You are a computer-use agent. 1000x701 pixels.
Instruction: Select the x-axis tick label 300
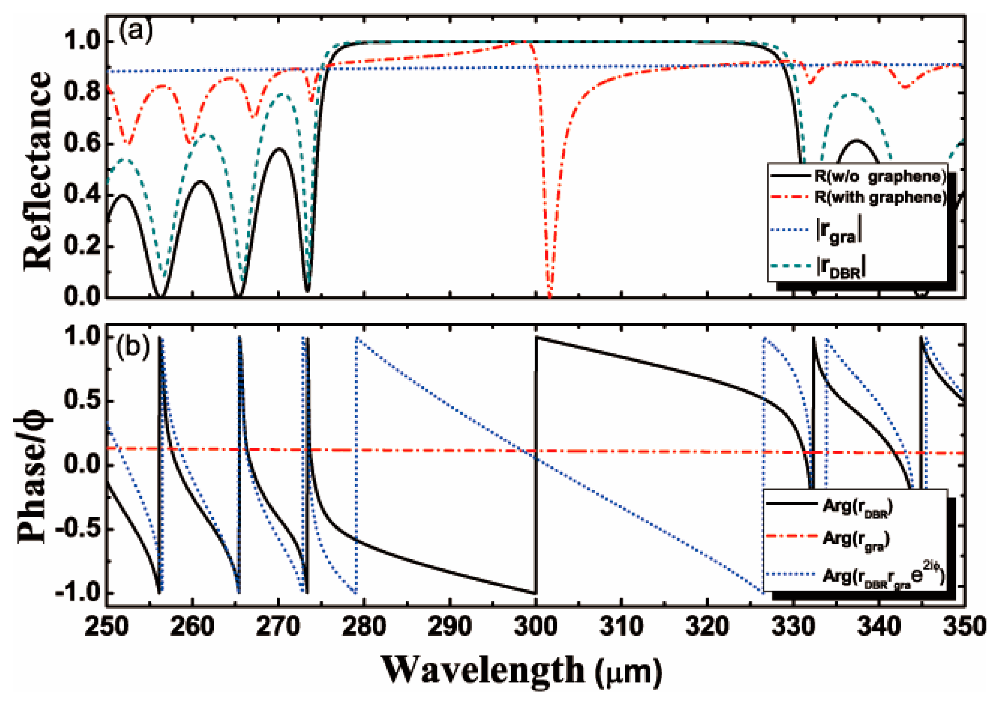tap(536, 627)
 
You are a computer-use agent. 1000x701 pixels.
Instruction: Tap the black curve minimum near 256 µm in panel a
tap(160, 296)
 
